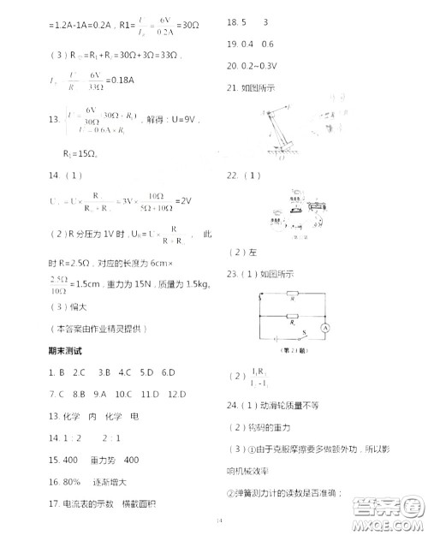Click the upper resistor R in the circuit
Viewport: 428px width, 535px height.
coord(294,300)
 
